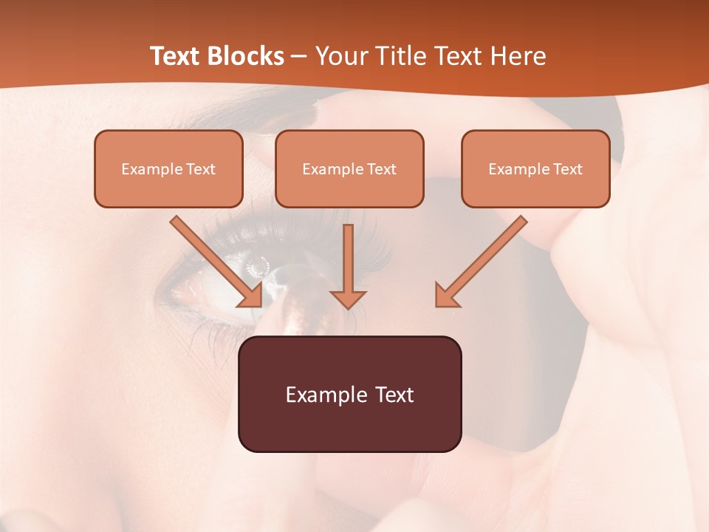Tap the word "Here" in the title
click(x=519, y=56)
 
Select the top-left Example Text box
click(x=168, y=168)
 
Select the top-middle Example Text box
click(x=349, y=168)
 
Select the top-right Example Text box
click(x=535, y=168)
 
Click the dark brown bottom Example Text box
click(x=349, y=394)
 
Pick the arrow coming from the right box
click(x=484, y=258)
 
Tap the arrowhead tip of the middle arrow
click(x=349, y=306)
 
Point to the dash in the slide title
click(x=299, y=57)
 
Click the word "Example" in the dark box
click(x=325, y=395)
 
